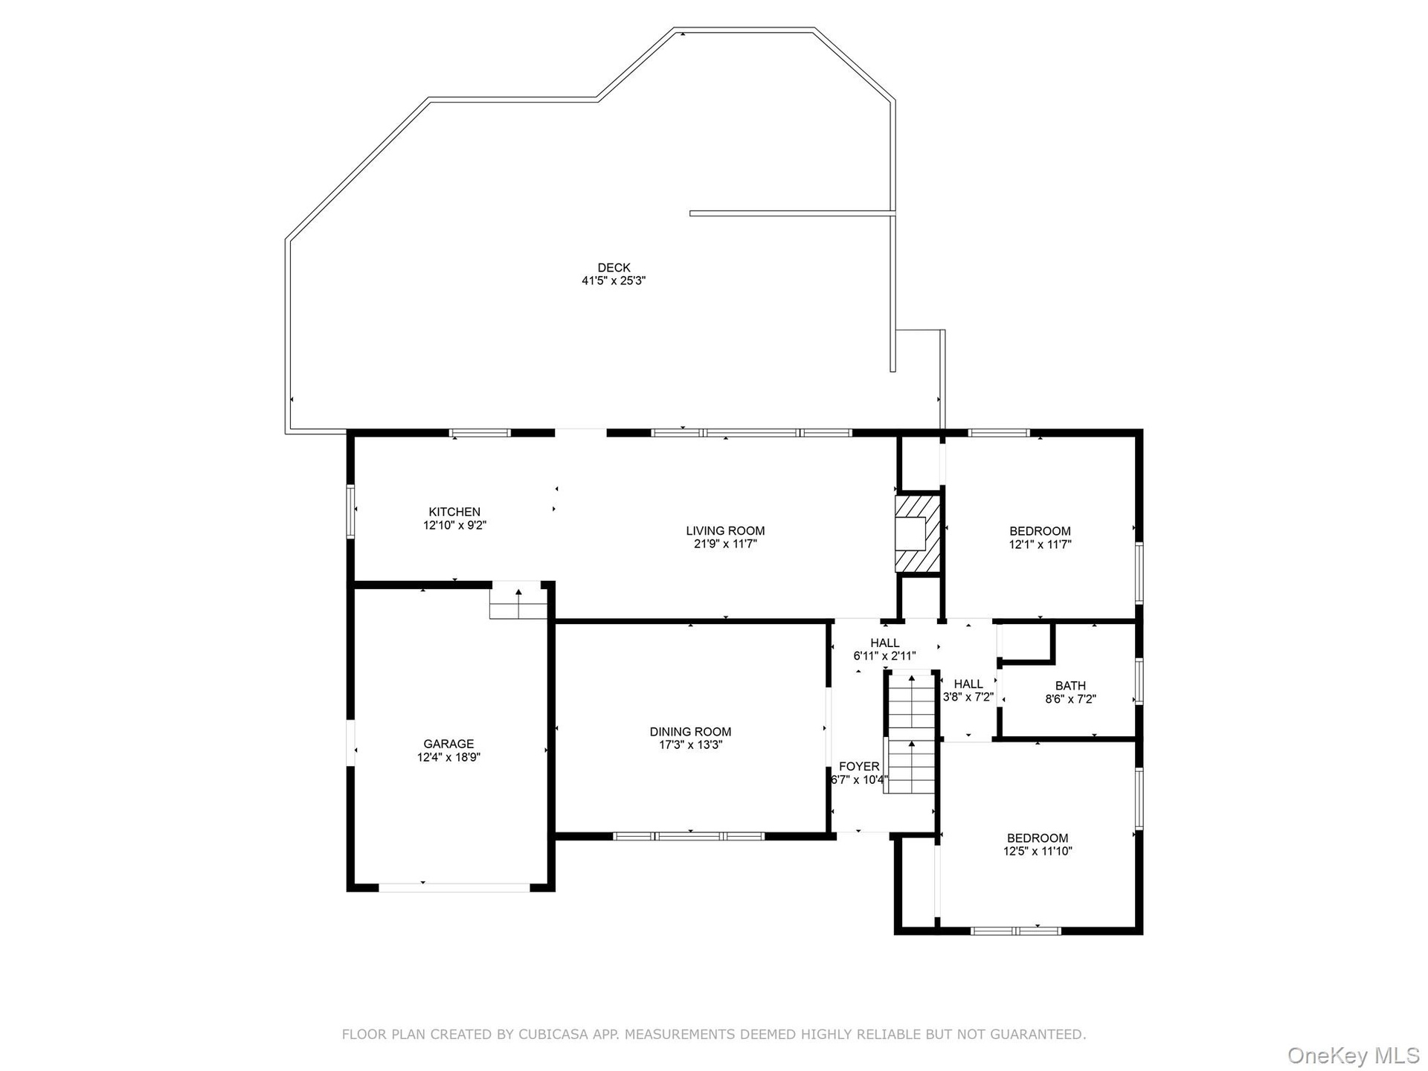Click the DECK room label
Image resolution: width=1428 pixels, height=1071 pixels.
coord(614,268)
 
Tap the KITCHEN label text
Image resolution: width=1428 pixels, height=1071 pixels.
coord(454,512)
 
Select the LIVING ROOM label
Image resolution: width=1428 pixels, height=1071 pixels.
coord(725,531)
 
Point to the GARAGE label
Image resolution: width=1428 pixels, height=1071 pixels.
coord(448,744)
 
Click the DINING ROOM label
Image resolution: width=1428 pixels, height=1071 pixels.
coord(690,732)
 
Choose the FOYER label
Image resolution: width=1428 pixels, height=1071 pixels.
coord(859,767)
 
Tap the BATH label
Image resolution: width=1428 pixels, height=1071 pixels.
coord(1070,686)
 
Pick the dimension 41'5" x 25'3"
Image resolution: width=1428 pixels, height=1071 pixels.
coord(614,281)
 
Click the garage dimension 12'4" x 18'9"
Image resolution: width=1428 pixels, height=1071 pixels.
coord(448,757)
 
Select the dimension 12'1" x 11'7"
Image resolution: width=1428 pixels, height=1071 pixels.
coord(1040,544)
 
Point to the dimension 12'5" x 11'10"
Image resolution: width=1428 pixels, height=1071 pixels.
coord(1038,852)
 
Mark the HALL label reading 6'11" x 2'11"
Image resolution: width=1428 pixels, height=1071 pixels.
coord(884,649)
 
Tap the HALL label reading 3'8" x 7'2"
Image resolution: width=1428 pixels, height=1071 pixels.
coord(968,690)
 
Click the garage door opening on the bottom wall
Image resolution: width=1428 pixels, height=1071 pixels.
coord(454,887)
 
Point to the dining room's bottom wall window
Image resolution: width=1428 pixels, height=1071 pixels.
coord(689,836)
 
